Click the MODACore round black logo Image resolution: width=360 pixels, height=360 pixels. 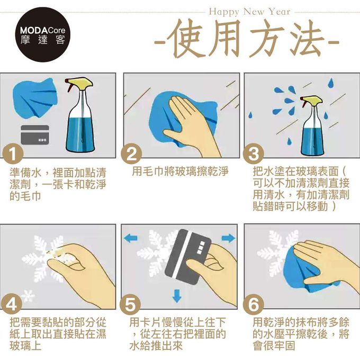(43, 35)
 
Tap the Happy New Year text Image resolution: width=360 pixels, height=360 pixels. (249, 12)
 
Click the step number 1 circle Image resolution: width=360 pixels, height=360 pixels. (13, 154)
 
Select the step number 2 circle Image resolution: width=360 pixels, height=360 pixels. (131, 154)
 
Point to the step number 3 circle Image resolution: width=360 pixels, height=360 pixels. (254, 154)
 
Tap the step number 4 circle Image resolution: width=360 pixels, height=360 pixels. (12, 304)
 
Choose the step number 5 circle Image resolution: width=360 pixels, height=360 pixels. (130, 304)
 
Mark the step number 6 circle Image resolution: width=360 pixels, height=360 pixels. (254, 304)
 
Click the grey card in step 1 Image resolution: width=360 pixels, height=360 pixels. (35, 135)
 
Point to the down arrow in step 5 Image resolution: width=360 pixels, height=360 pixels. (177, 296)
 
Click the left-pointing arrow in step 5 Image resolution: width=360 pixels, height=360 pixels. (131, 238)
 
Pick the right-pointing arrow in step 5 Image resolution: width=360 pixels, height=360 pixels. (229, 238)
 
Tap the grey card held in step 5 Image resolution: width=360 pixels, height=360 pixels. (188, 257)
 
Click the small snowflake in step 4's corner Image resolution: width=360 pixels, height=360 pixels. (28, 295)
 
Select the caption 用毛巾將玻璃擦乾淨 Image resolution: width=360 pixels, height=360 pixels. (180, 172)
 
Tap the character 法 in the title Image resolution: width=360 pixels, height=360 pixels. (306, 38)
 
